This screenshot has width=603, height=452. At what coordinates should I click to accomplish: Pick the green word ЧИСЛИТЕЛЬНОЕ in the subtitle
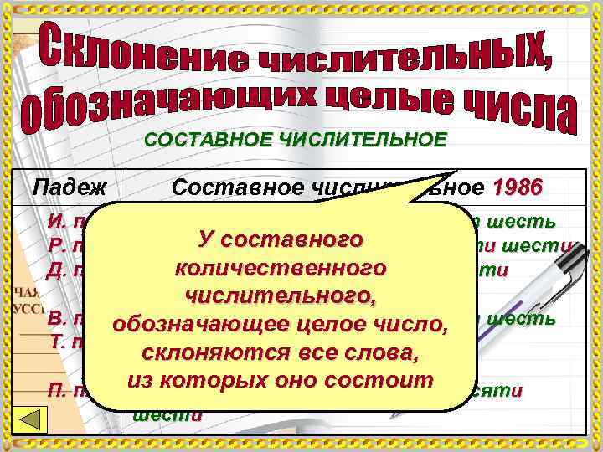pyautogui.click(x=355, y=140)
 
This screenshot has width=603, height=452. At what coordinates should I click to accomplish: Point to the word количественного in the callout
pyautogui.click(x=281, y=269)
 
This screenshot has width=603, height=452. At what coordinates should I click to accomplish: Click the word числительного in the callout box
pyautogui.click(x=281, y=295)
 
